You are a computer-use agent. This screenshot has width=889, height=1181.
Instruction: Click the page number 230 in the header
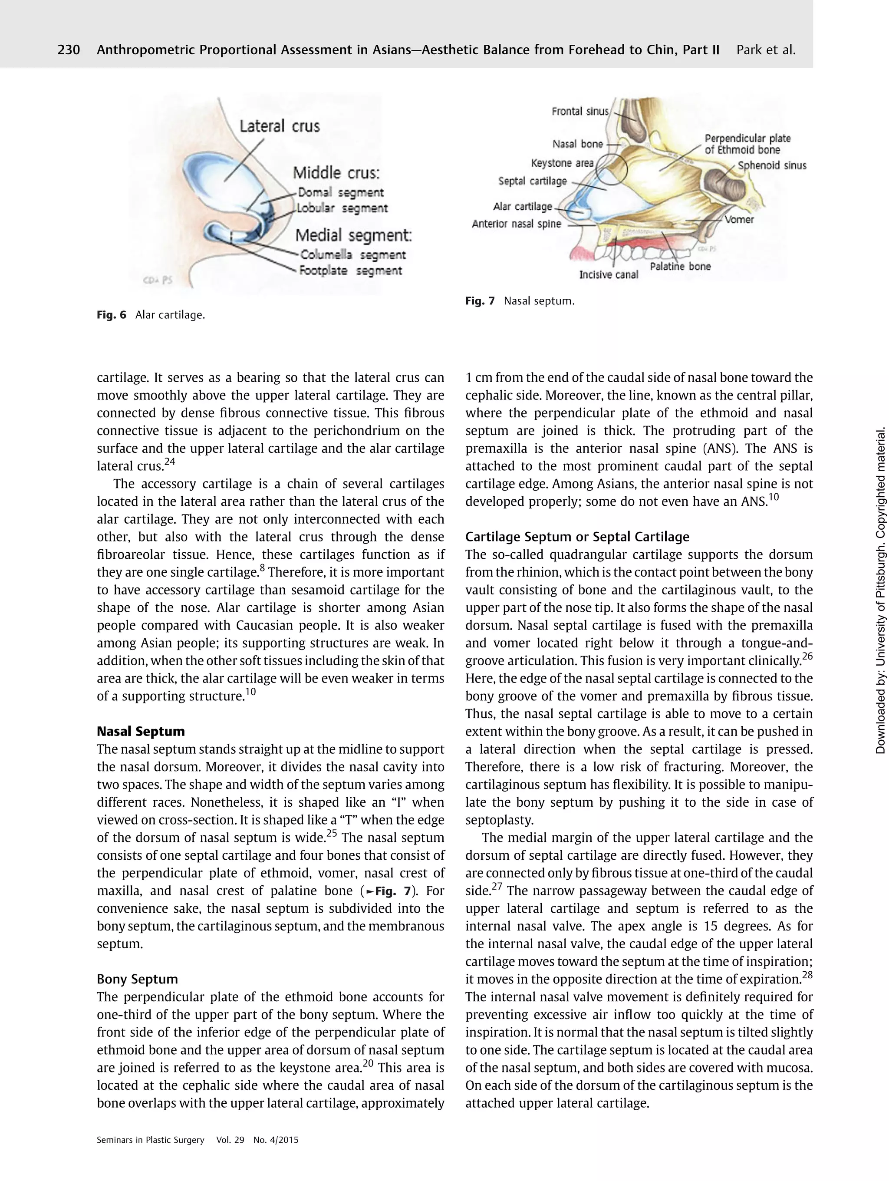pyautogui.click(x=69, y=50)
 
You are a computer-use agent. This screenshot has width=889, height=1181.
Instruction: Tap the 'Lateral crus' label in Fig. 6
pyautogui.click(x=279, y=126)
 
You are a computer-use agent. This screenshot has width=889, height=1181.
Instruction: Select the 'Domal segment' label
pyautogui.click(x=340, y=192)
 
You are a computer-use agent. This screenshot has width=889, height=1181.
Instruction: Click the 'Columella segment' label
pyautogui.click(x=352, y=255)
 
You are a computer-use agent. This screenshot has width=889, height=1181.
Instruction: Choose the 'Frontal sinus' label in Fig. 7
pyautogui.click(x=579, y=111)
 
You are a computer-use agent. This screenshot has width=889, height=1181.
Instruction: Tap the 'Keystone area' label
pyautogui.click(x=562, y=163)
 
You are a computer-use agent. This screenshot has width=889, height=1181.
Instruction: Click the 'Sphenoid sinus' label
pyautogui.click(x=772, y=165)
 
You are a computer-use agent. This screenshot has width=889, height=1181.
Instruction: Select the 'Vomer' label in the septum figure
pyautogui.click(x=739, y=219)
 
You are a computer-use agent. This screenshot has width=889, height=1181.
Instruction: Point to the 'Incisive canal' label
pyautogui.click(x=608, y=274)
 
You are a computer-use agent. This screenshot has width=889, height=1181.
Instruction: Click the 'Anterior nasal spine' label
pyautogui.click(x=516, y=224)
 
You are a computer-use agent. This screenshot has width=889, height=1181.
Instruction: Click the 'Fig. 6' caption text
pyautogui.click(x=151, y=314)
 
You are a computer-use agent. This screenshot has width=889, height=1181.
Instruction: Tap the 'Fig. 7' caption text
pyautogui.click(x=520, y=300)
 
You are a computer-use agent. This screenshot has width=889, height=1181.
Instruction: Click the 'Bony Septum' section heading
pyautogui.click(x=137, y=979)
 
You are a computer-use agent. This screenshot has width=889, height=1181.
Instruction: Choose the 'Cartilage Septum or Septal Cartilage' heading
pyautogui.click(x=577, y=537)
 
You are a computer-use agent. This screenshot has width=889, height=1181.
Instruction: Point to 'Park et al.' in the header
pyautogui.click(x=766, y=50)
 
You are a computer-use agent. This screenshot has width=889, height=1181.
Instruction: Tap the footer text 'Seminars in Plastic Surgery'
pyautogui.click(x=151, y=1140)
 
